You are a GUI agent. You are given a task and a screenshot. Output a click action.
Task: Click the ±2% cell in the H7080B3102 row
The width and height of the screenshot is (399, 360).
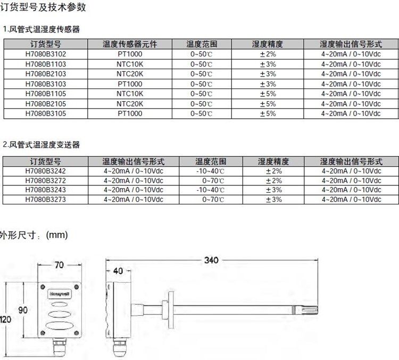click(x=268, y=54)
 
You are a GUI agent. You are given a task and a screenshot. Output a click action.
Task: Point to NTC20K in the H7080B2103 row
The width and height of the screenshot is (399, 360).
click(x=130, y=74)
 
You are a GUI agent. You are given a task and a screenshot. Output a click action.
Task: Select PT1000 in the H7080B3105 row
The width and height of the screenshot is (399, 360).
click(x=130, y=113)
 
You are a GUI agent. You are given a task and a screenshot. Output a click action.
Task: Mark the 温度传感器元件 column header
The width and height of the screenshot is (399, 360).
click(x=130, y=44)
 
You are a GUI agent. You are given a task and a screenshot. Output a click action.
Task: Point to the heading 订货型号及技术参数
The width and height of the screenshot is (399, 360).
click(x=43, y=7)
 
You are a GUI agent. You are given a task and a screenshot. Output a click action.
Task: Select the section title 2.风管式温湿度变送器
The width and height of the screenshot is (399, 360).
click(x=41, y=145)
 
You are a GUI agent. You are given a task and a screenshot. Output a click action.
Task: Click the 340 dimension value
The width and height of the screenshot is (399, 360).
click(x=212, y=260)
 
